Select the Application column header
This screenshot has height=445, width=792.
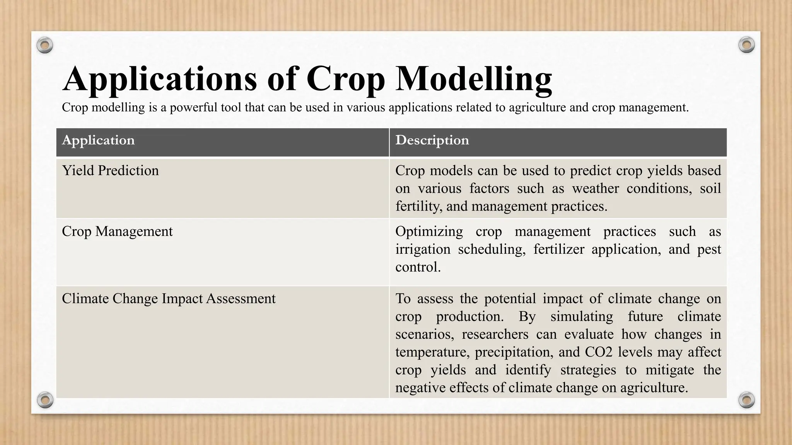pos(98,140)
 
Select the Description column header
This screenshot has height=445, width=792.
pos(432,140)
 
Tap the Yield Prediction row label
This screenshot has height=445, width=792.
pos(110,171)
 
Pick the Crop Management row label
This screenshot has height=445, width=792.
pos(117,231)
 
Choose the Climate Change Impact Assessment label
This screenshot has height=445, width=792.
pos(169,299)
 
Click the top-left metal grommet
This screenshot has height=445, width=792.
pos(44,45)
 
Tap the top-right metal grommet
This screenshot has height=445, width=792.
pos(746,45)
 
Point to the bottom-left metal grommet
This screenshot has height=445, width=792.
pos(45,399)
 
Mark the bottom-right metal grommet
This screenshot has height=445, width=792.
pos(746,399)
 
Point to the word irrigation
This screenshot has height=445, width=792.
pos(423,249)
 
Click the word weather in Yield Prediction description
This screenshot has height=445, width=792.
pos(595,189)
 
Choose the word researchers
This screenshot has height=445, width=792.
pos(495,334)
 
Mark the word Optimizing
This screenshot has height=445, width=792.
pos(429,231)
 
